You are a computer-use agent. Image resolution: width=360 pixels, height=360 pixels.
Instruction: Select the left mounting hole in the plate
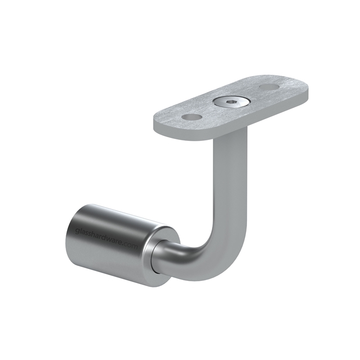tap(192, 117)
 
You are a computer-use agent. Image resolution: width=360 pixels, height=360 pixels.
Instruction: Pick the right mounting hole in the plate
tap(269, 86)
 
